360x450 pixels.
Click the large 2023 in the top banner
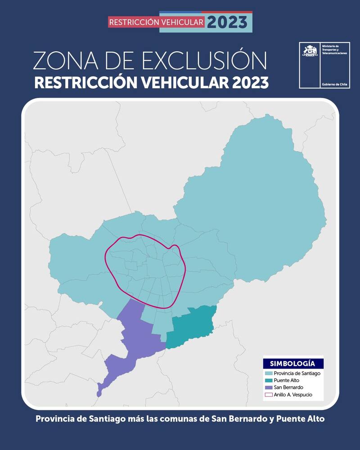tap(227, 22)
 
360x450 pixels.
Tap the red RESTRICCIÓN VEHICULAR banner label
tap(157, 22)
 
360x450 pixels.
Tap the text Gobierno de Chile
tap(334, 85)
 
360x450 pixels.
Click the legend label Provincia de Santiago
tap(297, 373)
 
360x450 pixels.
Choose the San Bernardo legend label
tap(288, 387)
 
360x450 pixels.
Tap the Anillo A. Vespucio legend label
tap(293, 395)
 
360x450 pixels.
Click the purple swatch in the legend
tap(269, 387)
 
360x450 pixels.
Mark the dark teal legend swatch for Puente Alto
tap(269, 381)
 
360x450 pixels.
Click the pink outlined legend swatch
tap(269, 395)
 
